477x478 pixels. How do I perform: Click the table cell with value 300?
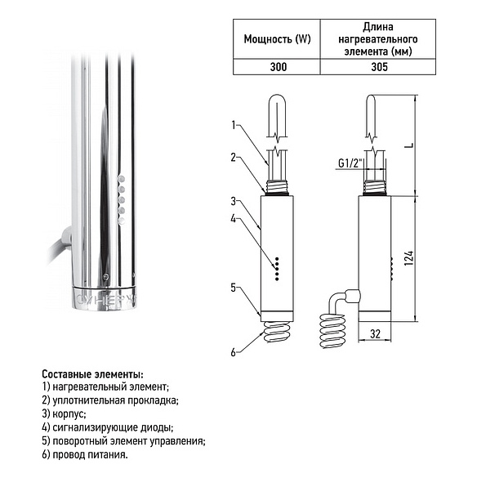(277, 67)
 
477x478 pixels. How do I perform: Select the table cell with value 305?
(378, 67)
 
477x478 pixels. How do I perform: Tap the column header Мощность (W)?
(277, 39)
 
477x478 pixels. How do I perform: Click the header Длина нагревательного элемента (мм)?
(378, 39)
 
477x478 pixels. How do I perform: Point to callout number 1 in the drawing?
(234, 125)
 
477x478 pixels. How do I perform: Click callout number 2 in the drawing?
(234, 158)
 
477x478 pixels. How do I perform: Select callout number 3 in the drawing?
(234, 201)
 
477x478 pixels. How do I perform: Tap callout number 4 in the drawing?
(234, 219)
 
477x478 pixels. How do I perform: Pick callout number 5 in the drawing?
(234, 288)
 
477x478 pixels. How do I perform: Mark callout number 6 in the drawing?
(234, 352)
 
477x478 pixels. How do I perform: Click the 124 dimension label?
(409, 258)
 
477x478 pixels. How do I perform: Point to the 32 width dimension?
(375, 334)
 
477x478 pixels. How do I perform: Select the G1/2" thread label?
(350, 163)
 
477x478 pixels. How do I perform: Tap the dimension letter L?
(410, 145)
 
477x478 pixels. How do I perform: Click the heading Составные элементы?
(92, 374)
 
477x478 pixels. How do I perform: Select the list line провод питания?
(85, 455)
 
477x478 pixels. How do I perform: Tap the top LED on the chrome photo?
(121, 179)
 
